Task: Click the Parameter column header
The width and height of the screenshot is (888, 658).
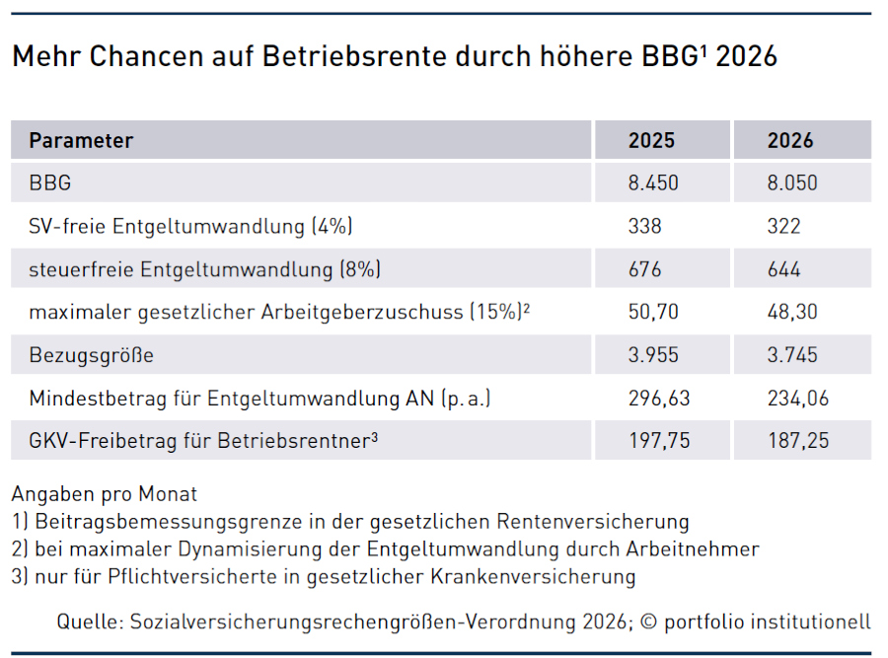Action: [81, 140]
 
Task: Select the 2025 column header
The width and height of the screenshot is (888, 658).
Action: [651, 140]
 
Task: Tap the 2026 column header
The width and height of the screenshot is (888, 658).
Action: [790, 140]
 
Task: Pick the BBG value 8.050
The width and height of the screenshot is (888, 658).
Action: [792, 183]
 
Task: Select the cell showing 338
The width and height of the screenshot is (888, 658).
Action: [644, 226]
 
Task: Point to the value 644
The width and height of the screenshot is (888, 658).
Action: [784, 269]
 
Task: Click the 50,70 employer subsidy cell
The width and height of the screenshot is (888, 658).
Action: [652, 312]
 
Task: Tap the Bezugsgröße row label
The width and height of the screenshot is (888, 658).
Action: [92, 355]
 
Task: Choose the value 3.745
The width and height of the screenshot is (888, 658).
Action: [792, 355]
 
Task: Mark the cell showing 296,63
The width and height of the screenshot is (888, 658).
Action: [659, 399]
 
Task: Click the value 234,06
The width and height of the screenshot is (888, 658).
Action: [798, 399]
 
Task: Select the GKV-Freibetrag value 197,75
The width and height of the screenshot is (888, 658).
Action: [659, 441]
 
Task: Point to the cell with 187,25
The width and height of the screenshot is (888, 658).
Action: [798, 441]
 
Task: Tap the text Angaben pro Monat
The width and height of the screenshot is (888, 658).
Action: [105, 494]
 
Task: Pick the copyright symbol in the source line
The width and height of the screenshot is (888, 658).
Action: [647, 622]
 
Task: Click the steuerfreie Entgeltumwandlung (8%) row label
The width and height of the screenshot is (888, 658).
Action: [205, 269]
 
